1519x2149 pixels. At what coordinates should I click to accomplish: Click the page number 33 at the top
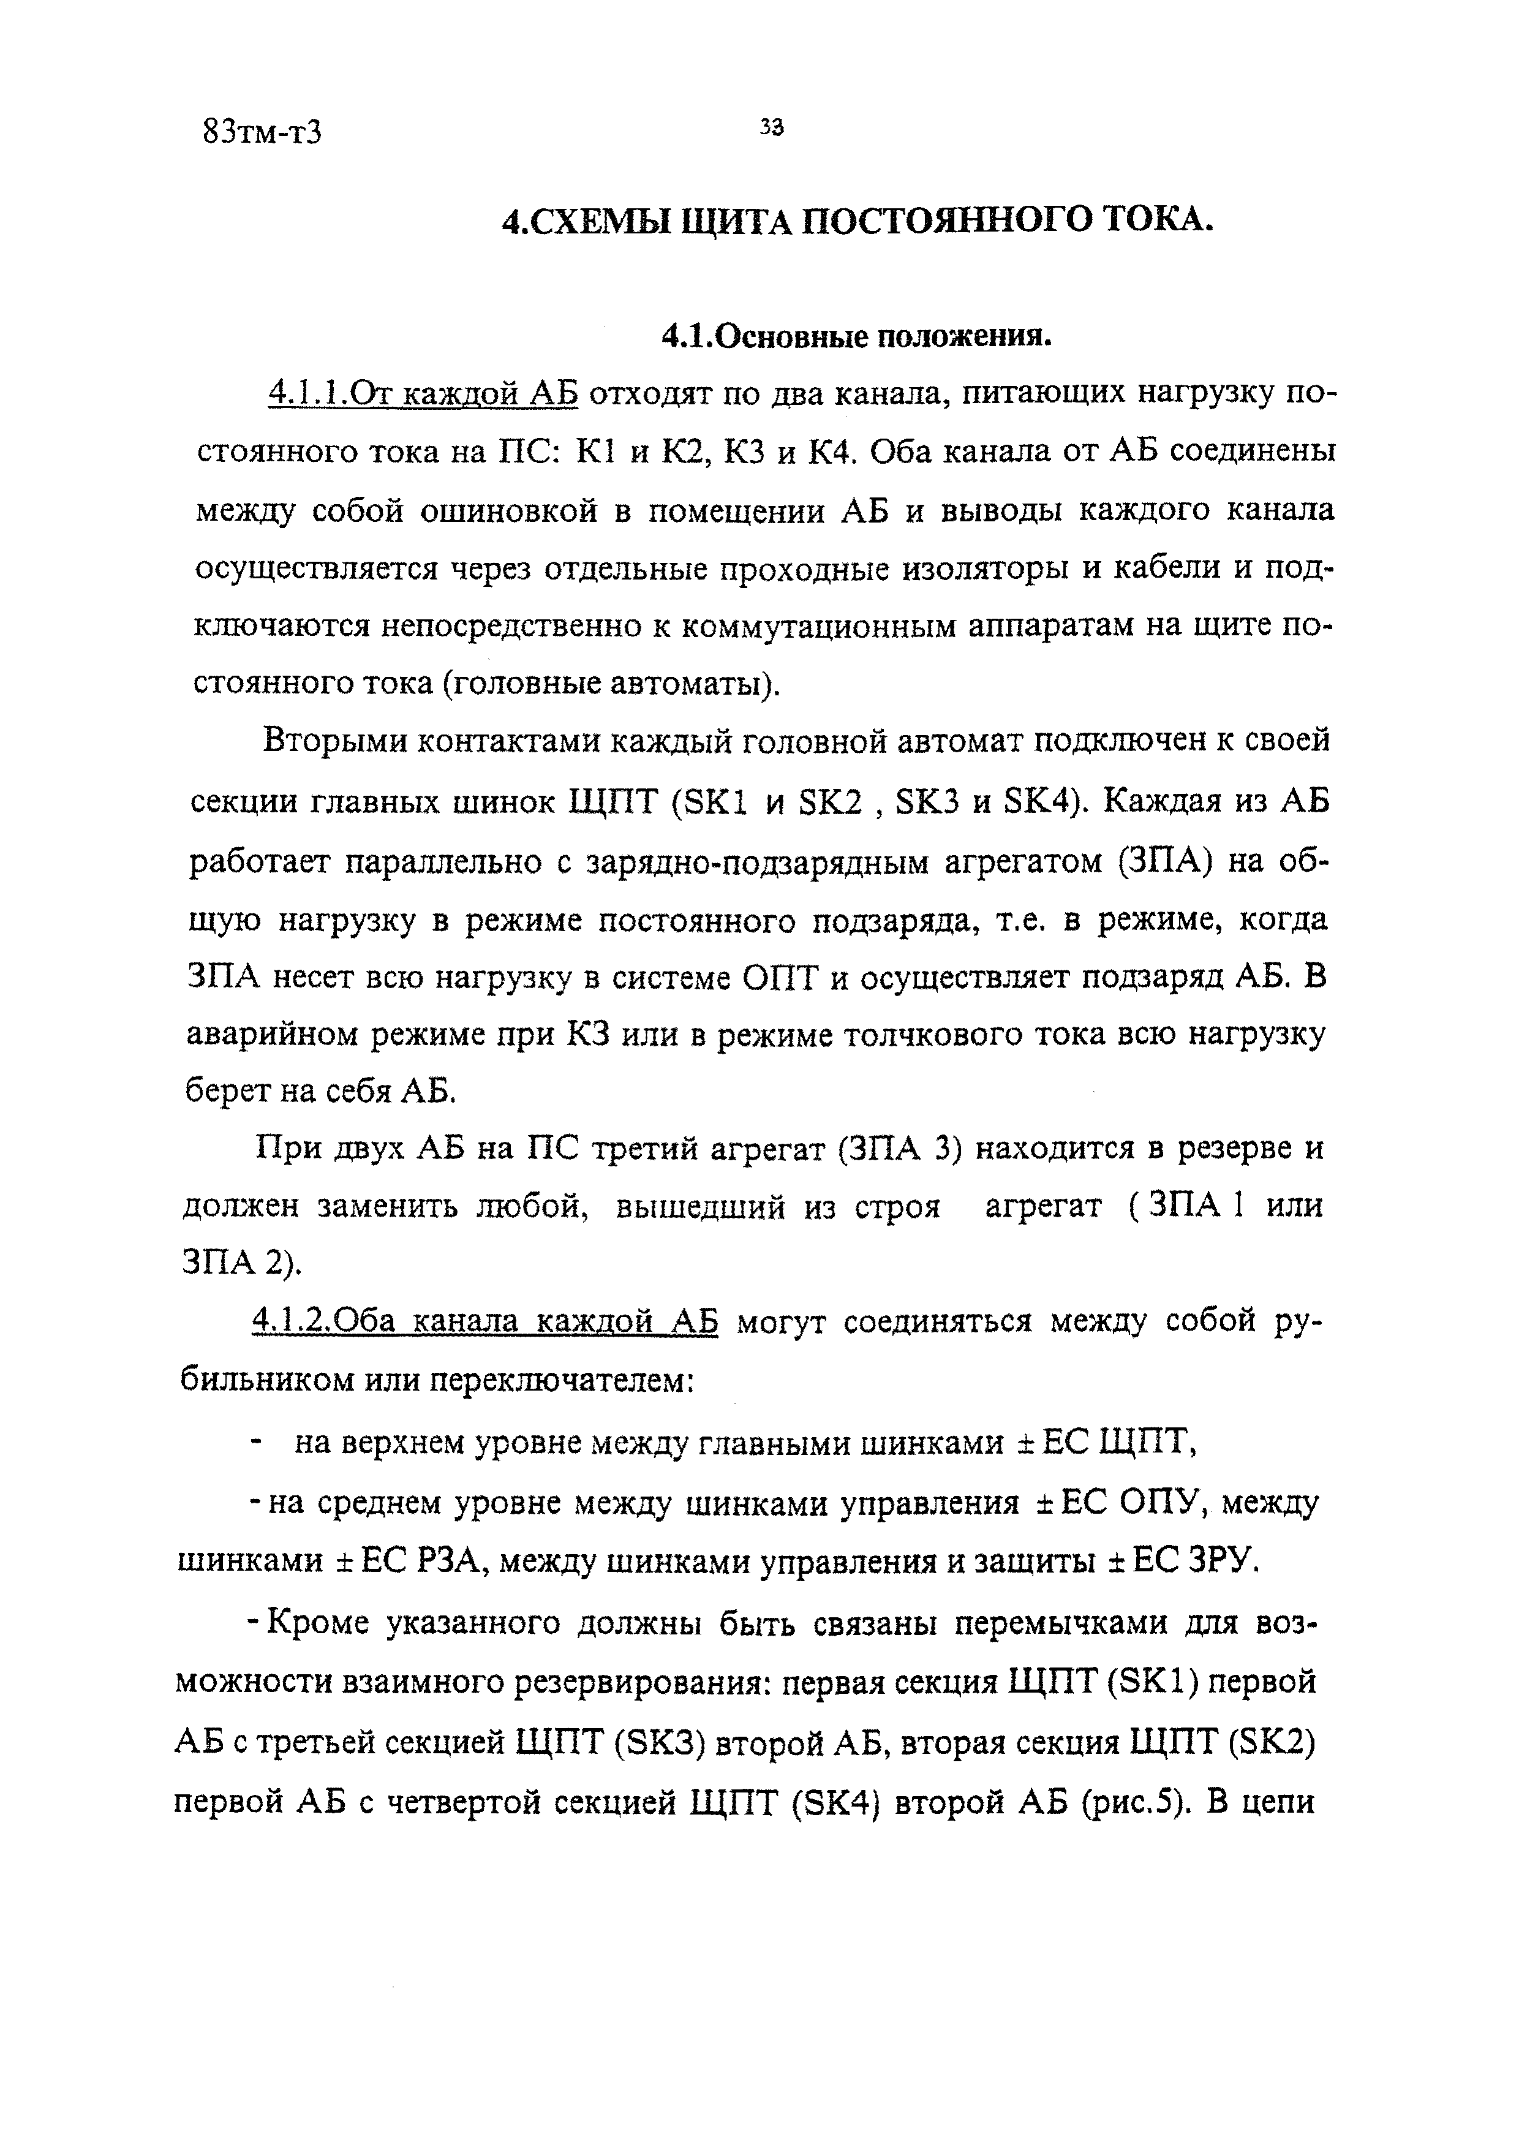[x=771, y=128]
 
